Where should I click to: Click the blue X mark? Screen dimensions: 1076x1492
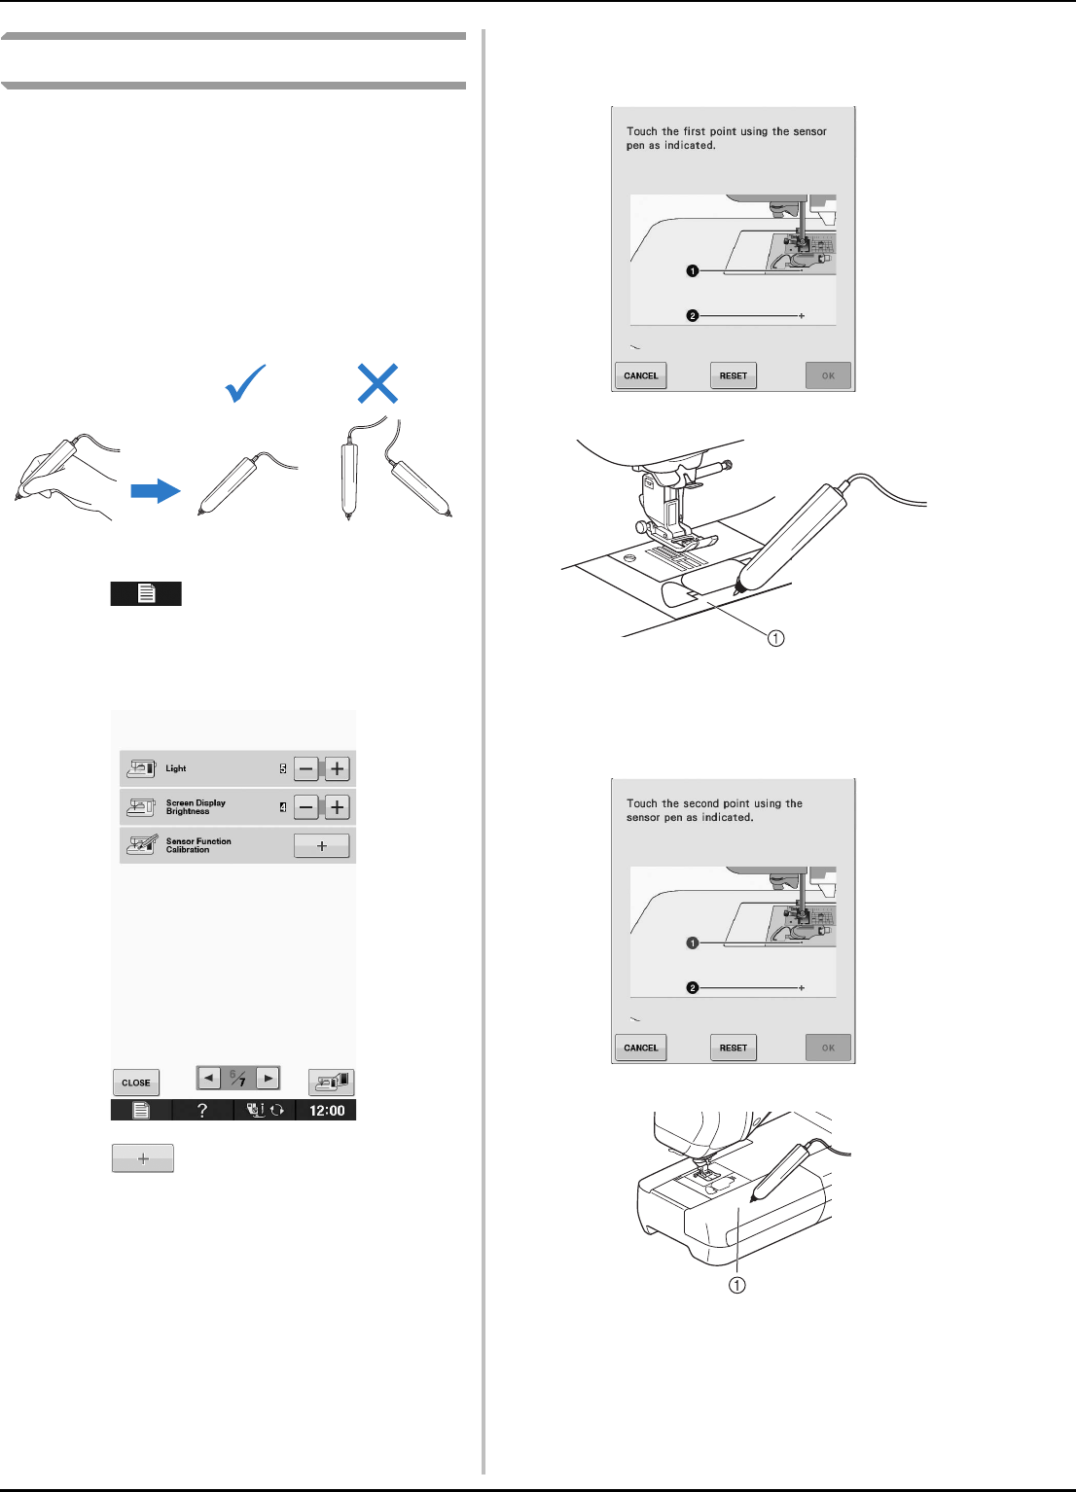(x=377, y=383)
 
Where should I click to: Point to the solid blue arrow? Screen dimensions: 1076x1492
(x=156, y=491)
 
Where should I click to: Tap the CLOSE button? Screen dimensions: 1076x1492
(x=136, y=1083)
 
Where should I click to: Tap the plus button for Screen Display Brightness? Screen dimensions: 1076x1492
(x=338, y=807)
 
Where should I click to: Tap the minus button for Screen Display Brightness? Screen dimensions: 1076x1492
(x=305, y=807)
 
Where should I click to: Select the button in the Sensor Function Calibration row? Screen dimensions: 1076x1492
(x=322, y=846)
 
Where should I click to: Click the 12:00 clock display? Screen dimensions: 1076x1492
(x=327, y=1111)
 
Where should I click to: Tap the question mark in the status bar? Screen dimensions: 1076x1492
(x=202, y=1111)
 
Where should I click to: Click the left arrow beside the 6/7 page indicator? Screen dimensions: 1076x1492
(x=209, y=1078)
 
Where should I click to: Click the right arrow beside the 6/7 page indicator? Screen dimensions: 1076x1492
(x=268, y=1078)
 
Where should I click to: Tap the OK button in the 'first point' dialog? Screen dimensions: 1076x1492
(x=828, y=375)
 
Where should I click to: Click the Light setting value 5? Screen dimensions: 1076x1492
(x=282, y=768)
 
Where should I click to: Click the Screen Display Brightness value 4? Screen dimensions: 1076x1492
(x=282, y=807)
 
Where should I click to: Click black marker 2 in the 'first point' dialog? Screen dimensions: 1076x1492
(x=693, y=316)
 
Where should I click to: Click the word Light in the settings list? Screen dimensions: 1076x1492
(x=176, y=768)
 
